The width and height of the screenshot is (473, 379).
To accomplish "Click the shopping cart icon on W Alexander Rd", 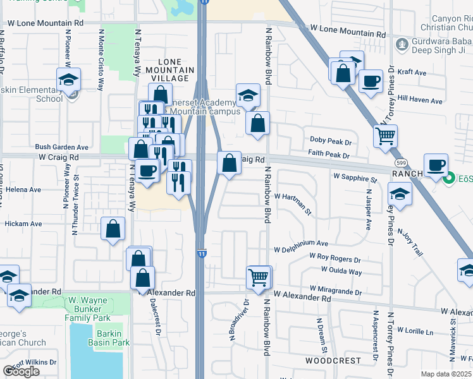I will coord(259,276).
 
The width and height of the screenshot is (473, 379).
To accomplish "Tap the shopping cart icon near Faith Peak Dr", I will coord(385,135).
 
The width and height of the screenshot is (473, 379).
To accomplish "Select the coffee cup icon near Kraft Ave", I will coord(371,81).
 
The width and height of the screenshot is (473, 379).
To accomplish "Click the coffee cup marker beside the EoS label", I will coord(436,165).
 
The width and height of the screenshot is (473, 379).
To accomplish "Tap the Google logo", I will coord(21,371).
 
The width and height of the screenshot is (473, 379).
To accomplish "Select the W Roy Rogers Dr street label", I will coord(335,258).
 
